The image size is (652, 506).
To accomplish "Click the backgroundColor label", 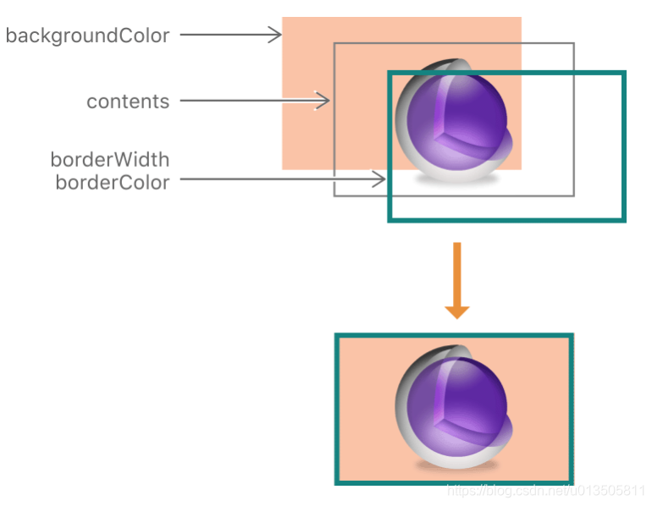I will point(87,36).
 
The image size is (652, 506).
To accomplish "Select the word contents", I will point(128,102).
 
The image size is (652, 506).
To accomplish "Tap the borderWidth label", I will point(110,159).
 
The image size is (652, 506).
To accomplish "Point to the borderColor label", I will point(112,182).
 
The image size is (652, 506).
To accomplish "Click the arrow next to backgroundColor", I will point(230,36).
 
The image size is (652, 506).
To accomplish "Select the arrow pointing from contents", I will point(254,101).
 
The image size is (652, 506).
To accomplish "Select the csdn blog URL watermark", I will point(547,489).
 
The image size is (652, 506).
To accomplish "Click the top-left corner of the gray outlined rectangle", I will point(334,43).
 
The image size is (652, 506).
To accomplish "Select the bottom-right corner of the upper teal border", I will point(623,220).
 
